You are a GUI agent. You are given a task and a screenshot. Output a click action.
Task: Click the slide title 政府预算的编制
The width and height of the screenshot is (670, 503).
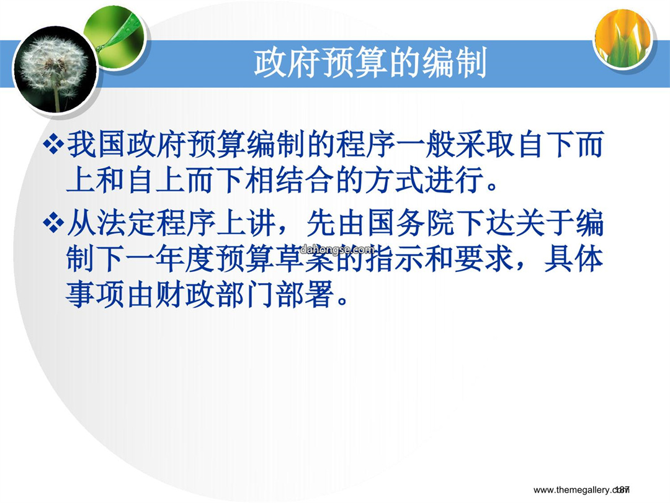coord(370,63)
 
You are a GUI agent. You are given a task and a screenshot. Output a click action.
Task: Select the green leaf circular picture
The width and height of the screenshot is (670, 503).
coord(115,35)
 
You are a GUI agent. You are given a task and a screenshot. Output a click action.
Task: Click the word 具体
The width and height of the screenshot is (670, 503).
coord(573,259)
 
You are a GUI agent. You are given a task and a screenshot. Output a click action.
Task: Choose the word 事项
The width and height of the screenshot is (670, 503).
coord(97,295)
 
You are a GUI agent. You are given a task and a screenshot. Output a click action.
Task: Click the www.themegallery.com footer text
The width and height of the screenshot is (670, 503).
coord(581,490)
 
